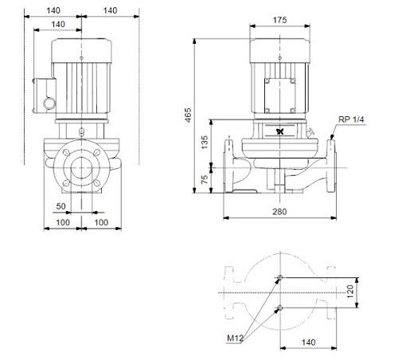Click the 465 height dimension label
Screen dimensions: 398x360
pyautogui.click(x=188, y=115)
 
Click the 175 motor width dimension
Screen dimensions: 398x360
pyautogui.click(x=279, y=20)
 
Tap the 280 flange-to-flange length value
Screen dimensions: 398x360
pyautogui.click(x=279, y=212)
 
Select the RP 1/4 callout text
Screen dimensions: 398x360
pyautogui.click(x=351, y=119)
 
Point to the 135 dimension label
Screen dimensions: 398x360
pyautogui.click(x=205, y=142)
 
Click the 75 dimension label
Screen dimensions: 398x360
pyautogui.click(x=205, y=180)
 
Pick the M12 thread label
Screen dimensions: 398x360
pyautogui.click(x=235, y=338)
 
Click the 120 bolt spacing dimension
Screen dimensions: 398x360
pyautogui.click(x=350, y=292)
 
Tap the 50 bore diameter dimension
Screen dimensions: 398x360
pyautogui.click(x=60, y=206)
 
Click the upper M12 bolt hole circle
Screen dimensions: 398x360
pyautogui.click(x=279, y=278)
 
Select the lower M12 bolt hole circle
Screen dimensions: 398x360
pyautogui.click(x=279, y=308)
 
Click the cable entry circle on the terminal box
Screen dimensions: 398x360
pyautogui.click(x=49, y=104)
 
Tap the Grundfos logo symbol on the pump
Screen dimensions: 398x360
pyautogui.click(x=280, y=131)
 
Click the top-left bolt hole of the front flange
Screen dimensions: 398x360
pyautogui.click(x=66, y=153)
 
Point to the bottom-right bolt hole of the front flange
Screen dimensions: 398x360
pyautogui.click(x=97, y=182)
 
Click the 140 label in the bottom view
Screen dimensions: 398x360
pyautogui.click(x=309, y=342)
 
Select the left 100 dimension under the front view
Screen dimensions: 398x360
pyautogui.click(x=63, y=222)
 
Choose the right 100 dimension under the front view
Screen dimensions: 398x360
pyautogui.click(x=101, y=222)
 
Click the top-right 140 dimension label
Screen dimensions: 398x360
pyautogui.click(x=110, y=10)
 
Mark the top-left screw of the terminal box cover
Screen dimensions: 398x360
pyautogui.click(x=267, y=80)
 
